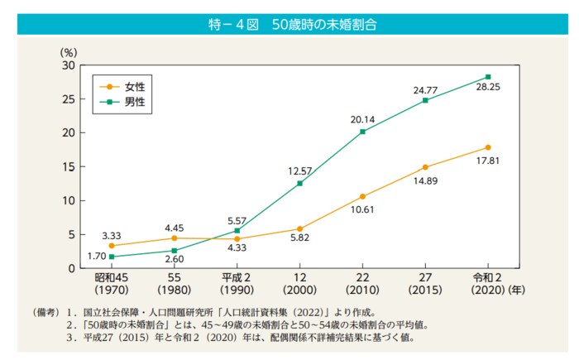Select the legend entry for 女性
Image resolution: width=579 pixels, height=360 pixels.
click(123, 85)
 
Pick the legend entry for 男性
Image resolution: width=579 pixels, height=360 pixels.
click(123, 101)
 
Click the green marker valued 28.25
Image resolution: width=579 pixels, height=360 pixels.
click(488, 77)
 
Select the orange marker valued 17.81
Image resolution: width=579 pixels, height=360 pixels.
click(488, 147)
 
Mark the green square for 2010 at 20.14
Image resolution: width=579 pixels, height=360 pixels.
click(362, 132)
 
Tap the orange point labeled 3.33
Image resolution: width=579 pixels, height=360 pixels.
click(112, 246)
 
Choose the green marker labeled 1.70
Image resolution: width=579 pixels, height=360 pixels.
click(112, 257)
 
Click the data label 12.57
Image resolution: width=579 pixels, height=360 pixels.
click(299, 170)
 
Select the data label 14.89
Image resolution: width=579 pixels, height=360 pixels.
click(425, 180)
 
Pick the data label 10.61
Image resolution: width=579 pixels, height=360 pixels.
click(362, 209)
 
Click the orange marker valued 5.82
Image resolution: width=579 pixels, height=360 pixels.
click(299, 228)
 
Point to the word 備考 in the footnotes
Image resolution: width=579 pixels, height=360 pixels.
click(45, 314)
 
